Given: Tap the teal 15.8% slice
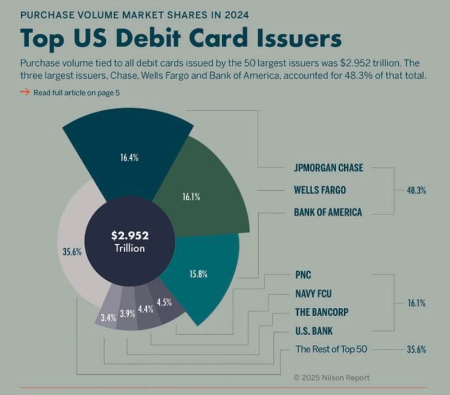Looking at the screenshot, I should pos(200,276).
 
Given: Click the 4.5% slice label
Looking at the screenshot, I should pos(164,302).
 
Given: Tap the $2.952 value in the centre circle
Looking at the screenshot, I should pos(130,236).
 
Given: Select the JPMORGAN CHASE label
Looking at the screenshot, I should pos(328,168).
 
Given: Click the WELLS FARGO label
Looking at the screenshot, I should pos(319,190).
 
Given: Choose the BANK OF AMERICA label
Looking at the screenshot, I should pos(328,213).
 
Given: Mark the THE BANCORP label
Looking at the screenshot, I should pos(321,312).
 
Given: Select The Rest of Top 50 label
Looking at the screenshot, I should pos(331,349).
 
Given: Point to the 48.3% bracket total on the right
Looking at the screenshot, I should pos(416,191).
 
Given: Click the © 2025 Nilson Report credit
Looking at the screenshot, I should pos(331,378).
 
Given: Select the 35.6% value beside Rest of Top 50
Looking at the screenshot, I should pos(416,349).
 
